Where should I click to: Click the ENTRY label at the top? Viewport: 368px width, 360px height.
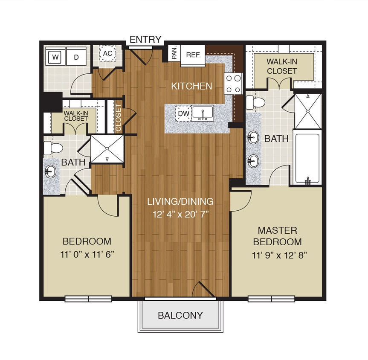[x=145, y=40]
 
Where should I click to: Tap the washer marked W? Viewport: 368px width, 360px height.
[x=55, y=57]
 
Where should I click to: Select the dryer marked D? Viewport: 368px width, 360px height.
[x=76, y=57]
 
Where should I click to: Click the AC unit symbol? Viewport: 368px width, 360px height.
[x=107, y=54]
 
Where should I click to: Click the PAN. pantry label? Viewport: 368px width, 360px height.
[x=174, y=53]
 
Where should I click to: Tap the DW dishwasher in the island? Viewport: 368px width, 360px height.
[x=183, y=113]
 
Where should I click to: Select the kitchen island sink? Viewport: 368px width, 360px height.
[x=203, y=113]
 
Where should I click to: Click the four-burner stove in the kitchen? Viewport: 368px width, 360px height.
[x=234, y=83]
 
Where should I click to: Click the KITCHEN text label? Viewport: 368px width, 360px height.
[x=191, y=86]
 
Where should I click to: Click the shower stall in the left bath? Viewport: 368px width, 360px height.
[x=107, y=149]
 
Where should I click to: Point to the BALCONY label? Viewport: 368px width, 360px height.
[x=180, y=316]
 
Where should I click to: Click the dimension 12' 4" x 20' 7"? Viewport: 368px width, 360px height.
[x=180, y=214]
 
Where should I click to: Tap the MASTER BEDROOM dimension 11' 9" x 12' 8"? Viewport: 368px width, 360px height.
[x=277, y=255]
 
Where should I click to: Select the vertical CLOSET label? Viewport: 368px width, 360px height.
[x=118, y=118]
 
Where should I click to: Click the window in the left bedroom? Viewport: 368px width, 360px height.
[x=88, y=299]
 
